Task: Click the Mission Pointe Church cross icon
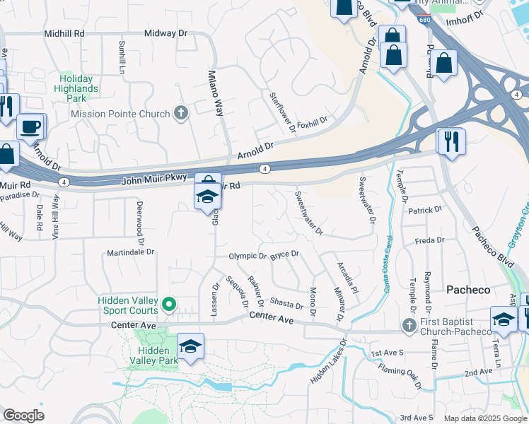point(181,113)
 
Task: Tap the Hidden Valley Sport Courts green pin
point(168,305)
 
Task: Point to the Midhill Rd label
point(64,33)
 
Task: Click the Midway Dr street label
point(165,33)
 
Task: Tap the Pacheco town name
point(467,290)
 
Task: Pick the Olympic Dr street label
point(247,257)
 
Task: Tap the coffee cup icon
point(29,126)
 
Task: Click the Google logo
point(23,416)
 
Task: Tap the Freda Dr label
point(429,240)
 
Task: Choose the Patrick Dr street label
point(424,210)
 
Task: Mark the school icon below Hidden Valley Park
point(190,346)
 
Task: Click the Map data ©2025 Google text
point(484,418)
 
